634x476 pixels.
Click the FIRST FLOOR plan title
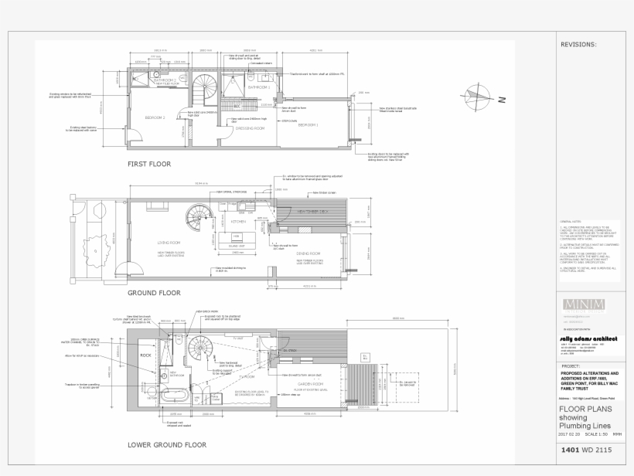coord(149,165)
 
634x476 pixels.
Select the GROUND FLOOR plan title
coord(154,293)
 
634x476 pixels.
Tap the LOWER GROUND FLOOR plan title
coord(167,445)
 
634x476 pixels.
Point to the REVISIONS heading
coord(578,45)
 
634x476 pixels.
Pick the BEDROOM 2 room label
coord(155,117)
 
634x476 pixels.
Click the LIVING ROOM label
coord(168,241)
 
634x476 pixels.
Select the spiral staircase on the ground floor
coord(199,218)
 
